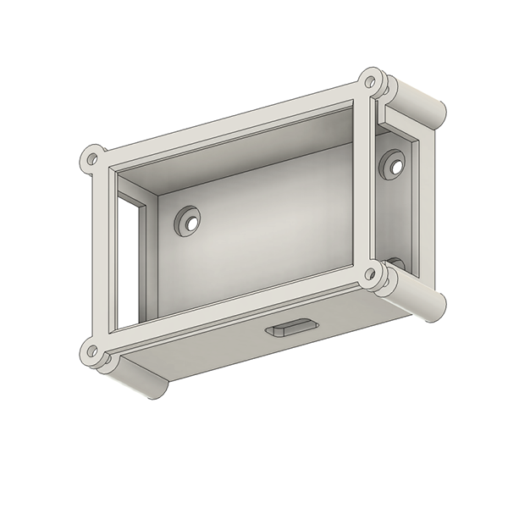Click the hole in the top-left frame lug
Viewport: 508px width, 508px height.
(91, 158)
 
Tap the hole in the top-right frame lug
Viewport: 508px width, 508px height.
(368, 82)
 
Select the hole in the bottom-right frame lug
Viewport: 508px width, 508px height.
(369, 274)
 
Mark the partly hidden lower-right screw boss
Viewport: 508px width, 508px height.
(396, 263)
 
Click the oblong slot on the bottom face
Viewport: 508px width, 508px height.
(291, 328)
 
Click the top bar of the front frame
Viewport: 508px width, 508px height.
(229, 123)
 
